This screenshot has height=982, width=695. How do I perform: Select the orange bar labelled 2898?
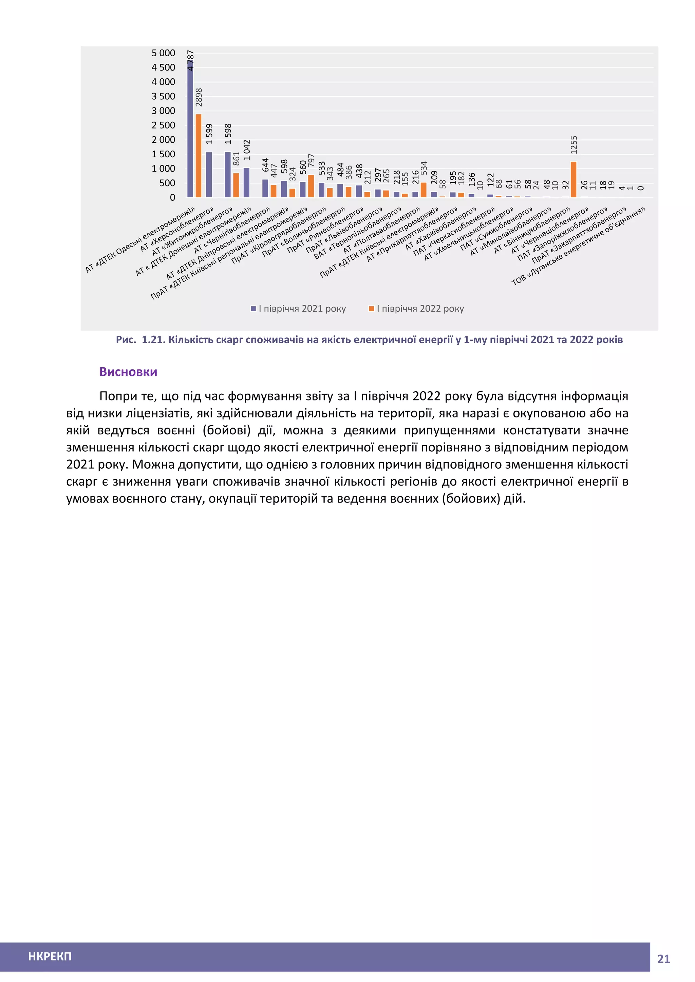click(199, 156)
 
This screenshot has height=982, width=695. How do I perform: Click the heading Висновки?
click(128, 372)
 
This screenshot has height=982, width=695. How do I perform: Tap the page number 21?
click(663, 959)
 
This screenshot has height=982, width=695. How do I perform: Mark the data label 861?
click(236, 159)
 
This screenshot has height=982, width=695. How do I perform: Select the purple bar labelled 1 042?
click(246, 183)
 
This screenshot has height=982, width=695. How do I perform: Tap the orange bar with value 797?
click(311, 186)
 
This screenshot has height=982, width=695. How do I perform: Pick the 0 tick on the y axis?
click(172, 198)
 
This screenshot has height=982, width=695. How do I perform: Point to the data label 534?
click(424, 168)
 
